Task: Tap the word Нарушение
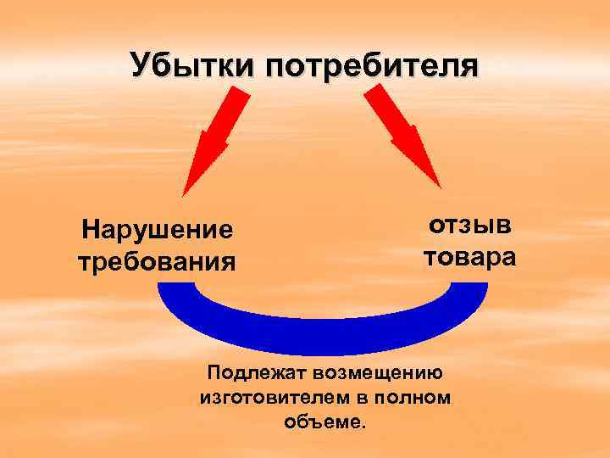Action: [x=157, y=229]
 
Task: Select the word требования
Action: [x=157, y=260]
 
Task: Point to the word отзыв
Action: [x=469, y=225]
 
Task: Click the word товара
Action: [x=469, y=255]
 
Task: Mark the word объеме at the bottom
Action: [x=324, y=421]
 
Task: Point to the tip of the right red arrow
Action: [x=440, y=186]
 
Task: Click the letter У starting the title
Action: [x=141, y=65]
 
